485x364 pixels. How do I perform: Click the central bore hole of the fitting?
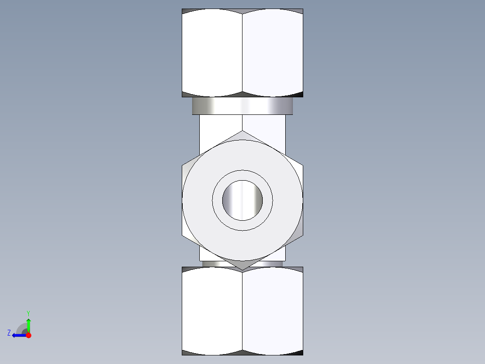click(x=242, y=200)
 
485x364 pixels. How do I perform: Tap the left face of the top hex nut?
click(x=212, y=52)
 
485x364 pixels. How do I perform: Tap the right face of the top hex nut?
click(x=273, y=52)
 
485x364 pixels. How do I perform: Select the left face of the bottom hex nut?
click(x=212, y=311)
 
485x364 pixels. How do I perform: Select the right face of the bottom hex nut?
click(x=273, y=311)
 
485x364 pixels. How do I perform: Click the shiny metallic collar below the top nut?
click(x=242, y=106)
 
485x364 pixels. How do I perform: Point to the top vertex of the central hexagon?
click(x=242, y=132)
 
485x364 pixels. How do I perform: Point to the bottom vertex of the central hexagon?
click(x=242, y=270)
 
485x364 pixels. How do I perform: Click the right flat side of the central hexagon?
click(x=301, y=200)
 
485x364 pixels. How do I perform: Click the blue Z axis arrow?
click(x=18, y=335)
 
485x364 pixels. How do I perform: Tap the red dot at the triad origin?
click(x=28, y=335)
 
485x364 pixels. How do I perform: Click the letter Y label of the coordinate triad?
click(x=28, y=313)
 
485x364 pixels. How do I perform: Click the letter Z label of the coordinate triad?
click(x=9, y=333)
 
